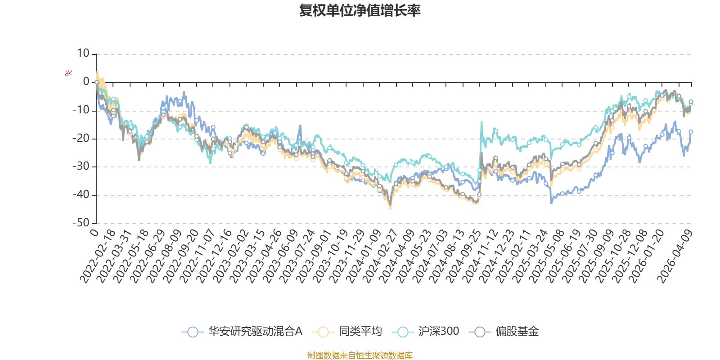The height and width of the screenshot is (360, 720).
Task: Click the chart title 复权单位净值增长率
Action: (x=360, y=11)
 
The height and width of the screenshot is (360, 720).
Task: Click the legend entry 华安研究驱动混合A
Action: (x=242, y=331)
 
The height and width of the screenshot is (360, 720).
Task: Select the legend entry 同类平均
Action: (x=347, y=331)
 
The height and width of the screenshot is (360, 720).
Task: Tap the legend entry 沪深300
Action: (x=426, y=331)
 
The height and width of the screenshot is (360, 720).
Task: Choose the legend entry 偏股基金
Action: (x=504, y=331)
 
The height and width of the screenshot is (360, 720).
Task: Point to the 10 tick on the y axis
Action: (x=83, y=54)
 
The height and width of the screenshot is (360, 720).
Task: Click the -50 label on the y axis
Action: (x=81, y=223)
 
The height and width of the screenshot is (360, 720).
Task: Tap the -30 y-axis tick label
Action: (x=81, y=166)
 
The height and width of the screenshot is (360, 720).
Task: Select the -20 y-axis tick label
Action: (x=81, y=139)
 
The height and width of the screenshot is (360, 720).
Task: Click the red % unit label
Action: (x=68, y=73)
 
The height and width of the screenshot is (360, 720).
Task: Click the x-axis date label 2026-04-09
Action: (x=675, y=256)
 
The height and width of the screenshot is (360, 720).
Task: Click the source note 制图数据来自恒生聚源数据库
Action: (x=360, y=355)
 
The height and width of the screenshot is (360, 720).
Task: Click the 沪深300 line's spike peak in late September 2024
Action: (x=481, y=122)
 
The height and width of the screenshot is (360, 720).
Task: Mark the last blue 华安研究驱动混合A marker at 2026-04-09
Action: (x=691, y=131)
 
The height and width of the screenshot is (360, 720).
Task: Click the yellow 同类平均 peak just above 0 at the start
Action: (x=97, y=72)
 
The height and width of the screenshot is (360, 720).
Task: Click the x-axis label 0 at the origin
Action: (x=94, y=232)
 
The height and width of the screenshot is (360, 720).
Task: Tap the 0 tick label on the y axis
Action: (x=86, y=81)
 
